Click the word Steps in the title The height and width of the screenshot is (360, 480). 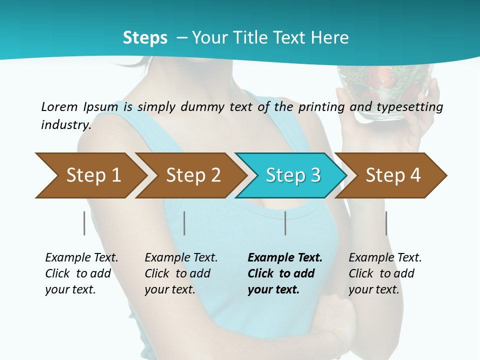click(145, 38)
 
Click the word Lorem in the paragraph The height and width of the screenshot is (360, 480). click(59, 106)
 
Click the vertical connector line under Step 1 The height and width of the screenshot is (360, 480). click(84, 223)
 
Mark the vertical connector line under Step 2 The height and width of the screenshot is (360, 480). click(184, 223)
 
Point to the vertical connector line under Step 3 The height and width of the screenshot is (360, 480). click(285, 223)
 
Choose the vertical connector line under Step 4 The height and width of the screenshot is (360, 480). click(386, 223)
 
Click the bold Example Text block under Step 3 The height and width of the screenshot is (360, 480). click(284, 273)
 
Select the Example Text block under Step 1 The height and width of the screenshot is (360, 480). click(81, 273)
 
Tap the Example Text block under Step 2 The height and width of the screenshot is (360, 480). click(181, 273)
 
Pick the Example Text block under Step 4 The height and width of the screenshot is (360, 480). click(385, 273)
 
